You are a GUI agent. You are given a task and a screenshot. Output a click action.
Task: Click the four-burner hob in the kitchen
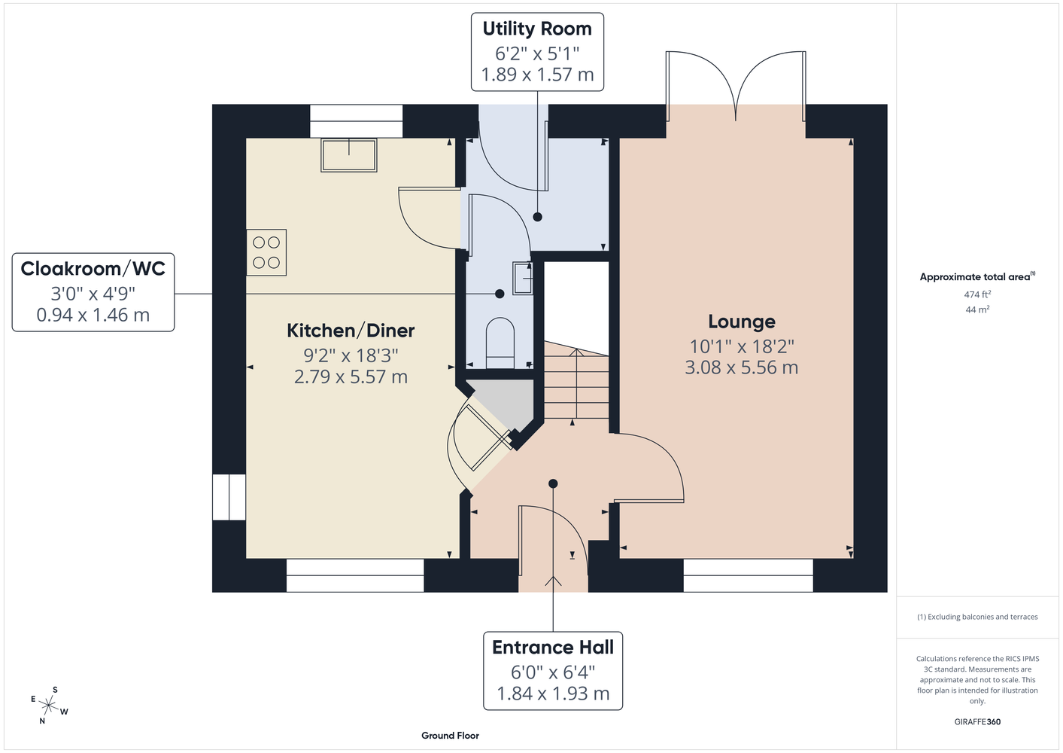tap(266, 252)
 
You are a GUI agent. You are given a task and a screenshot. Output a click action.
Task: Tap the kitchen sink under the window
tap(349, 155)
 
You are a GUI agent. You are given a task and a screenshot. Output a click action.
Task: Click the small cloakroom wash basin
tap(522, 278)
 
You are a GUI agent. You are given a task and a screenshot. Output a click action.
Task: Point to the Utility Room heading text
tap(537, 29)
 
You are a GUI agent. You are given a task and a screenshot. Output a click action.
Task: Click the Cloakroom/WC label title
tap(93, 269)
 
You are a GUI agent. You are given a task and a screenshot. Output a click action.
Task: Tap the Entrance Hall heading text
tap(553, 647)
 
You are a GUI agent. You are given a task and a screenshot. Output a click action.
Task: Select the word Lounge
tap(742, 322)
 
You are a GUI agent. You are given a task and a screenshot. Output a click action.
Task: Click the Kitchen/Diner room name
tap(351, 331)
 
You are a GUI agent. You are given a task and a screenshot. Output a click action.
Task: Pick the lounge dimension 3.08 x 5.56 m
tap(741, 367)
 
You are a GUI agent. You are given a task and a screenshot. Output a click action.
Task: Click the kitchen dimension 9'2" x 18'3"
tap(351, 355)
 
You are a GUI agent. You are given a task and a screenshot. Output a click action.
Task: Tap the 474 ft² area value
tap(977, 294)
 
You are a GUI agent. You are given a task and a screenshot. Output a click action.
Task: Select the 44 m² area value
tap(977, 309)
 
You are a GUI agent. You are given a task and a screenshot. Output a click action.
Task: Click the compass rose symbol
tap(50, 706)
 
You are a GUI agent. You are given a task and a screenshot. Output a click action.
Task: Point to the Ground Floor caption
tap(450, 736)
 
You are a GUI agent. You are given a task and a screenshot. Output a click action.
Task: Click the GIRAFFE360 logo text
tap(977, 721)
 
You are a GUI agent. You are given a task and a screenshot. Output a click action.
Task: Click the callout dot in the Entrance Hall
tap(553, 483)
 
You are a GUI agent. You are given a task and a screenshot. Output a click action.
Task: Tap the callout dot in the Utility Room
tap(537, 217)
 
